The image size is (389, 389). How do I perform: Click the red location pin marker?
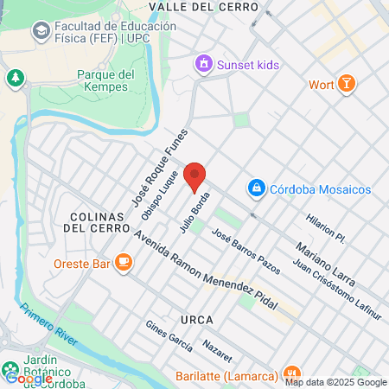tap(195, 176)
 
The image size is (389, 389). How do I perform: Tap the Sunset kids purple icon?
tap(203, 63)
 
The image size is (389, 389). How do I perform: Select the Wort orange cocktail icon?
tap(346, 84)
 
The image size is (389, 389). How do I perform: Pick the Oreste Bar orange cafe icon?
tap(124, 262)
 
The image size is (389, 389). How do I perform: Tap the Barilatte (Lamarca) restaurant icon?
tap(291, 374)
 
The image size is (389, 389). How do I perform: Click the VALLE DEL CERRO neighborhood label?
tap(204, 7)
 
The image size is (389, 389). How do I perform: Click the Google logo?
tap(29, 379)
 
